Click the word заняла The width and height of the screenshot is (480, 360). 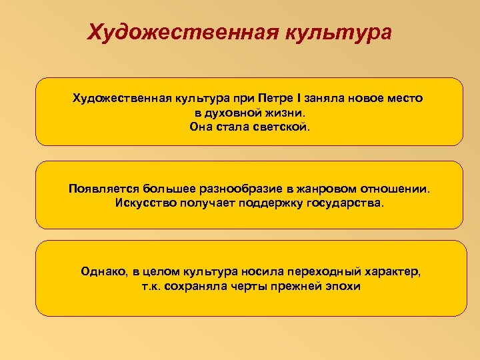coord(325,99)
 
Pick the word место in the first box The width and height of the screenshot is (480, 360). coord(403,99)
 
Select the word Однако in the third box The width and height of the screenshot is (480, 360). coord(101,272)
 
